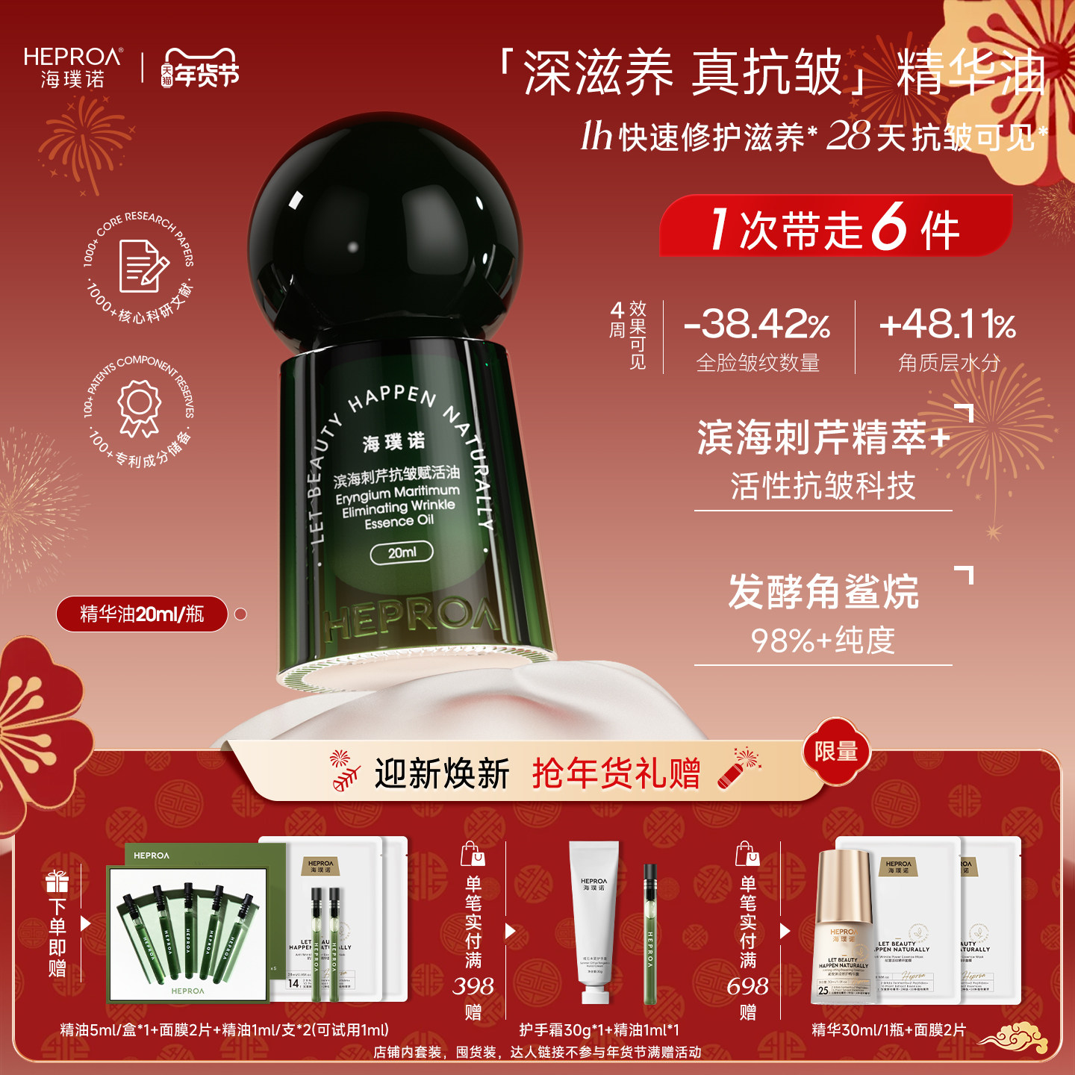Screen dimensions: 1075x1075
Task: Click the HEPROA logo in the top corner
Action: [x=72, y=66]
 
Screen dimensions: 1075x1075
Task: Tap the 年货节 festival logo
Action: [x=200, y=69]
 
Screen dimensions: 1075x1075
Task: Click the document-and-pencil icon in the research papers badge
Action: [x=143, y=265]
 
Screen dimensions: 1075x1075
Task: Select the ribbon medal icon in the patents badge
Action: [x=140, y=407]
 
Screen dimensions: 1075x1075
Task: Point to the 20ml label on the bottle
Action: [x=402, y=552]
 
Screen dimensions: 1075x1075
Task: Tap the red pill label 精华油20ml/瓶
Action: [x=142, y=614]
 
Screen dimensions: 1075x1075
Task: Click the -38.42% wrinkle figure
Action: [x=756, y=324]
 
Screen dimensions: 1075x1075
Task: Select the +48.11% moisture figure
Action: [x=947, y=324]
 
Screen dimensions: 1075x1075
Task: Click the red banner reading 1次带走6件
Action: [x=835, y=227]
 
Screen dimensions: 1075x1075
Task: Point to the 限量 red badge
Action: [x=836, y=752]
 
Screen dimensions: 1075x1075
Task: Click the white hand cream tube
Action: [x=593, y=922]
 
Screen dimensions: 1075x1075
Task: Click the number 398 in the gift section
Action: [x=473, y=986]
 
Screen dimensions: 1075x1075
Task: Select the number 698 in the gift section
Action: [x=747, y=986]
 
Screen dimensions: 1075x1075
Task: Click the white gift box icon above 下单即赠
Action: [x=57, y=882]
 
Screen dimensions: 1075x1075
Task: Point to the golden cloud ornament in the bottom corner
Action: [x=1014, y=1038]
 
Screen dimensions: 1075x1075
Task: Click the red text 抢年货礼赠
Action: [x=617, y=773]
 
